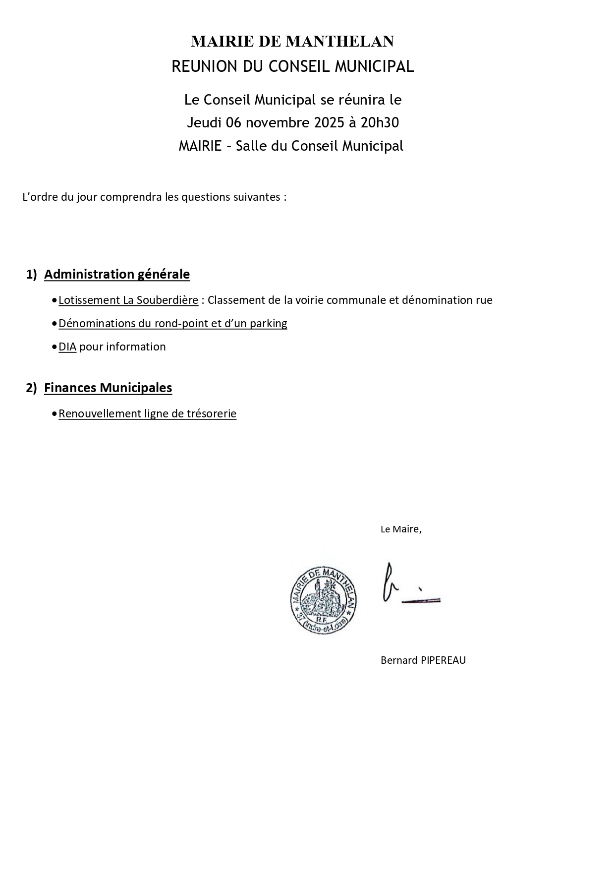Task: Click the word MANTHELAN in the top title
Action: click(x=340, y=42)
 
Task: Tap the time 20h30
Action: click(x=380, y=122)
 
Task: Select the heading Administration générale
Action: click(x=117, y=274)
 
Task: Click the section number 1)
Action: click(x=31, y=274)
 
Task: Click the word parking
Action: click(x=268, y=323)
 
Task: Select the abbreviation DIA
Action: click(x=67, y=347)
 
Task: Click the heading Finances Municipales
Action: click(x=108, y=388)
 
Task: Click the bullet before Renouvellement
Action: click(x=54, y=414)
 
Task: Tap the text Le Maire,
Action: click(x=401, y=529)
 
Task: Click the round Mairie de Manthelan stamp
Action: click(x=324, y=600)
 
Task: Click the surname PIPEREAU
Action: click(x=443, y=660)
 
